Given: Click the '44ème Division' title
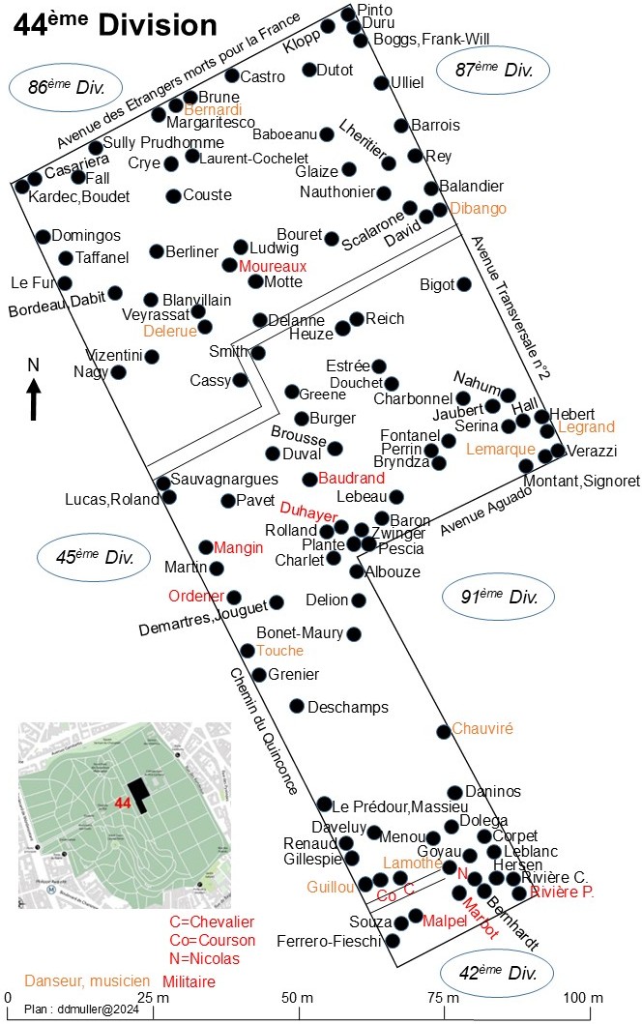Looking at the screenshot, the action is click(115, 24).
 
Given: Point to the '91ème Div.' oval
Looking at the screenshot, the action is click(498, 597).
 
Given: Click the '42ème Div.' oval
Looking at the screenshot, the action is click(497, 973).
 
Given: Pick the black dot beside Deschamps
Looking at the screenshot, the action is click(297, 706).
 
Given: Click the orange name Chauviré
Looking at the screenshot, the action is click(482, 728).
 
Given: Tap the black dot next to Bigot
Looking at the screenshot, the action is click(464, 284).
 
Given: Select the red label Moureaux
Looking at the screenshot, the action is click(273, 266).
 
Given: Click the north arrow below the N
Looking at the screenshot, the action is click(34, 400).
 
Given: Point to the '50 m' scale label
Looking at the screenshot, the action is click(297, 997).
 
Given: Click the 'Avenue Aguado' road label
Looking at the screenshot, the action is click(486, 510).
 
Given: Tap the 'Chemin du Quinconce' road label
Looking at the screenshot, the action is click(263, 731).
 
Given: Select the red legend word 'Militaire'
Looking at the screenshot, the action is click(189, 981).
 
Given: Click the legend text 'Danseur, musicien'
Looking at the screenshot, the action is click(87, 980).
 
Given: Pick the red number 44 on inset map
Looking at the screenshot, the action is click(123, 802).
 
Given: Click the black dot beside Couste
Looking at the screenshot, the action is click(173, 196).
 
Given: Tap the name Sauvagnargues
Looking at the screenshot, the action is click(224, 479).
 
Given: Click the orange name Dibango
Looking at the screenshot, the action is click(478, 208).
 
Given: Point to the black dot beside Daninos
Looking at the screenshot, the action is click(455, 793).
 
